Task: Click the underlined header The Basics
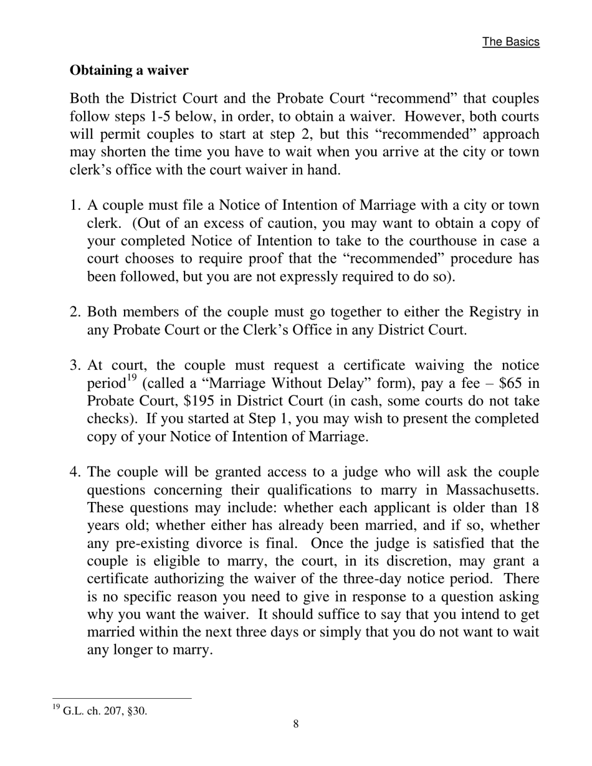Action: [510, 42]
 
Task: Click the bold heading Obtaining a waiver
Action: [129, 70]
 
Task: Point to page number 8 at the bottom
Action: [295, 724]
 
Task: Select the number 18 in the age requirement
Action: [531, 508]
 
